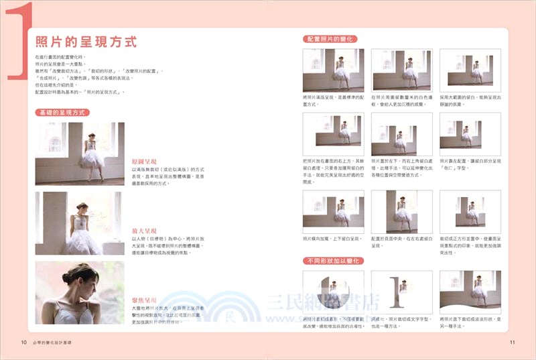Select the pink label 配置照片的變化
[332, 40]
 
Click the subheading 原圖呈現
[145, 162]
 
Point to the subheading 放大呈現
[145, 231]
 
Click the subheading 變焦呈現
[145, 300]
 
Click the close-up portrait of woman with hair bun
[79, 293]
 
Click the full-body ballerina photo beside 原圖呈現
[79, 153]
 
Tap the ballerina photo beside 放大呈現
[79, 223]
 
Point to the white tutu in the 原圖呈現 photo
[92, 159]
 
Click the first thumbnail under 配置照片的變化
[333, 70]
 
